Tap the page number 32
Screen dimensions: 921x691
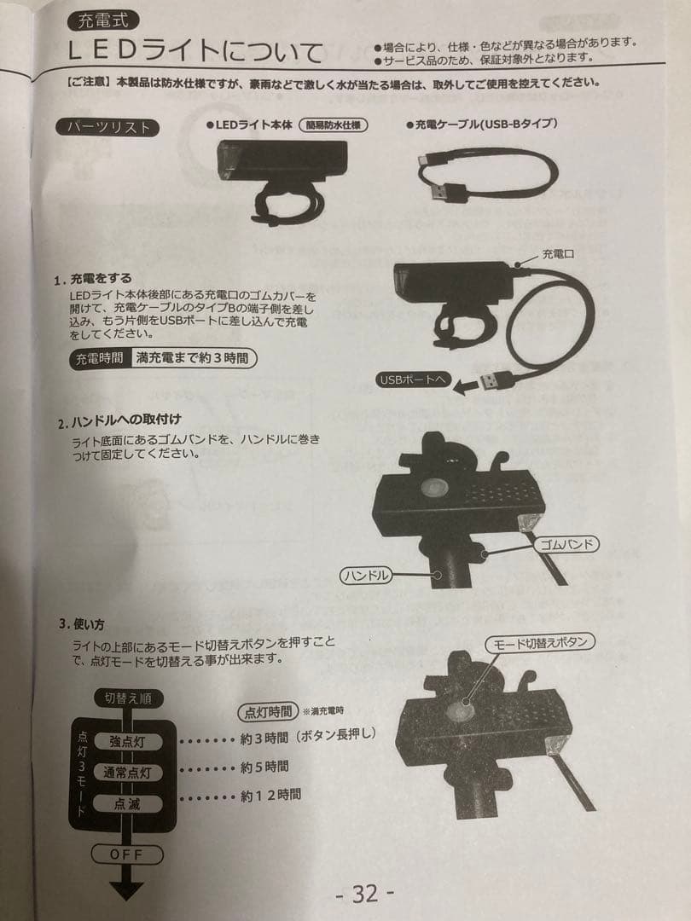(364, 893)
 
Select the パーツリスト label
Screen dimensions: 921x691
(107, 128)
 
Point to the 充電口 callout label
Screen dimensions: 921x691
(559, 254)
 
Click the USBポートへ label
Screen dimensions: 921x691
(411, 380)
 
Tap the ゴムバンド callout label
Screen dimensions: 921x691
(566, 543)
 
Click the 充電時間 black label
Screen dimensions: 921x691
(99, 358)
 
